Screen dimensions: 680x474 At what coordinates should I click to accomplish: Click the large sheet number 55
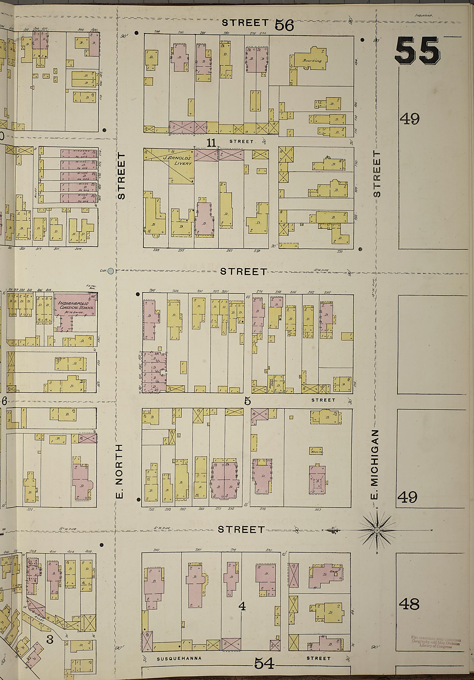[x=418, y=51]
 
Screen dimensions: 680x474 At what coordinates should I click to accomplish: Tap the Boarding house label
[x=312, y=61]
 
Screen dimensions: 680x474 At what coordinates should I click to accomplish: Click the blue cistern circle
[x=111, y=270]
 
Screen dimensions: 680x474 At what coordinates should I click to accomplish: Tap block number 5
[x=248, y=401]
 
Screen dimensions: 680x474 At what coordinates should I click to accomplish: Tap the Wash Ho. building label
[x=316, y=452]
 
